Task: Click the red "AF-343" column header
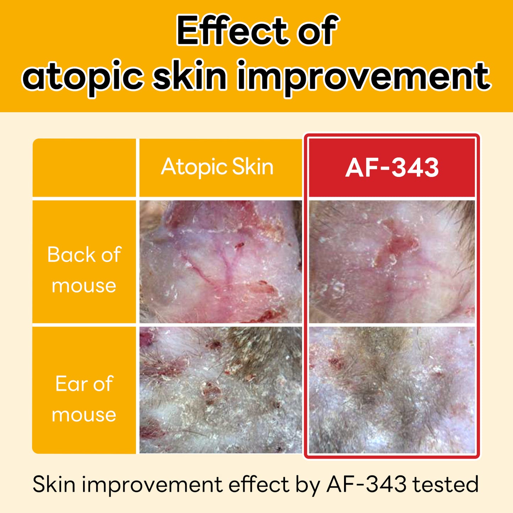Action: [392, 168]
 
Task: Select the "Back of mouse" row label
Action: [84, 270]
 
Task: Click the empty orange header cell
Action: [84, 168]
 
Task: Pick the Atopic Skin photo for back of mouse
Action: [221, 262]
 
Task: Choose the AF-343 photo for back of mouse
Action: [392, 262]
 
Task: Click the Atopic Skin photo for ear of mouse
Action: [221, 390]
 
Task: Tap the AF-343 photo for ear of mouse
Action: [392, 390]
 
